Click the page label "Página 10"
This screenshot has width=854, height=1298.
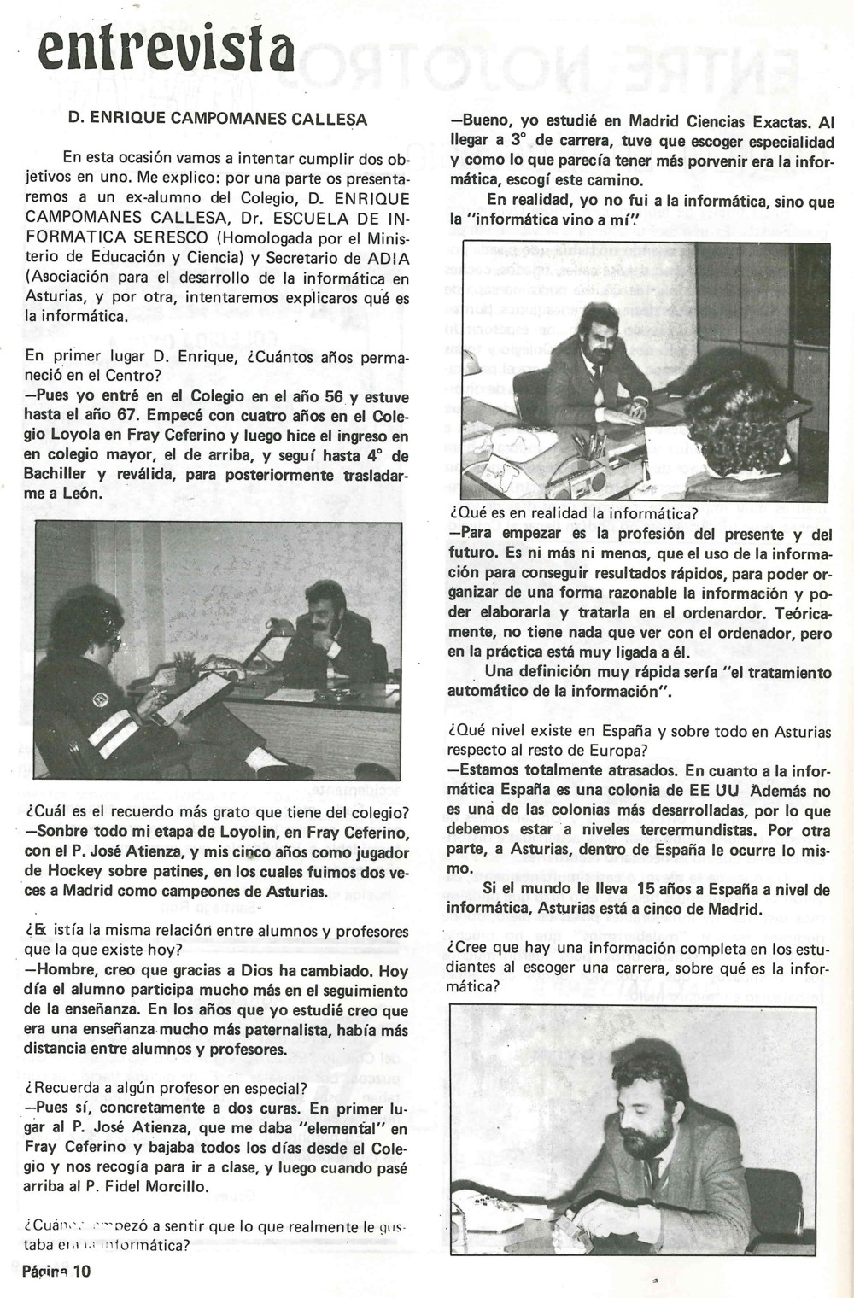(56, 1271)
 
